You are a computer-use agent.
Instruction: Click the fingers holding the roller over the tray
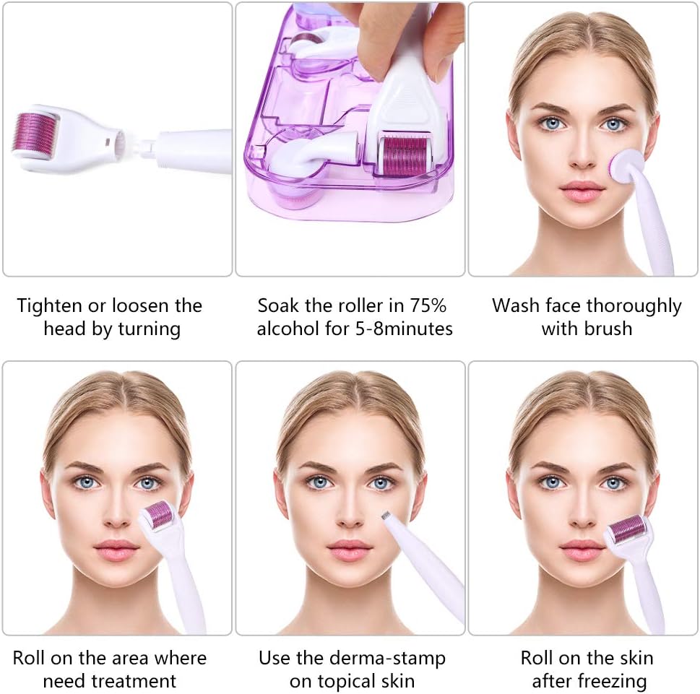[x=405, y=32]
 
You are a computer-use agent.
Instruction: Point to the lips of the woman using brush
[x=582, y=191]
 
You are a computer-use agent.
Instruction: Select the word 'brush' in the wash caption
[x=608, y=329]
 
